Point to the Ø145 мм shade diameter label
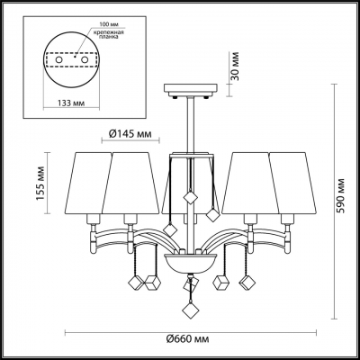point(130,134)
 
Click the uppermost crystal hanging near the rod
point(192,195)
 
